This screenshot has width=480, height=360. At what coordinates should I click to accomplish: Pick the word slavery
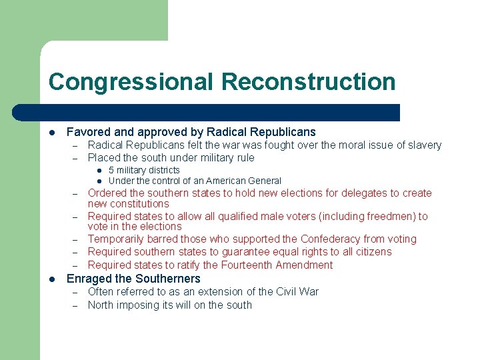tap(424, 145)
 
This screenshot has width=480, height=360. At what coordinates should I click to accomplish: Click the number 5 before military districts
tap(111, 171)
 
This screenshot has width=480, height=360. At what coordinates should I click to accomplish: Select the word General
tap(263, 181)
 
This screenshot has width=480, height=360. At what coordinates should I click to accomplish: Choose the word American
tap(225, 181)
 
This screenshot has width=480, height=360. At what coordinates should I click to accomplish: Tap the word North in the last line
tap(101, 305)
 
